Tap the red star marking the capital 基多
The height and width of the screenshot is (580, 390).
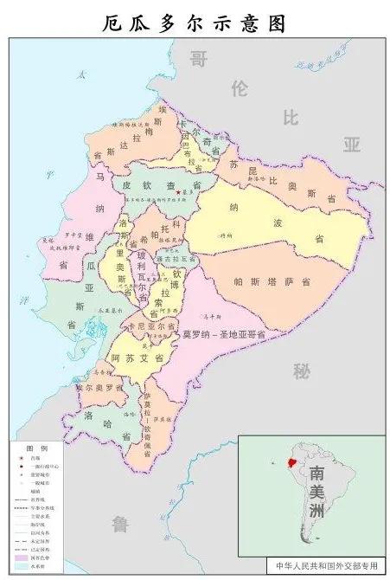coord(177,192)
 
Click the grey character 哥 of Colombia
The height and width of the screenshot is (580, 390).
coord(201,59)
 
